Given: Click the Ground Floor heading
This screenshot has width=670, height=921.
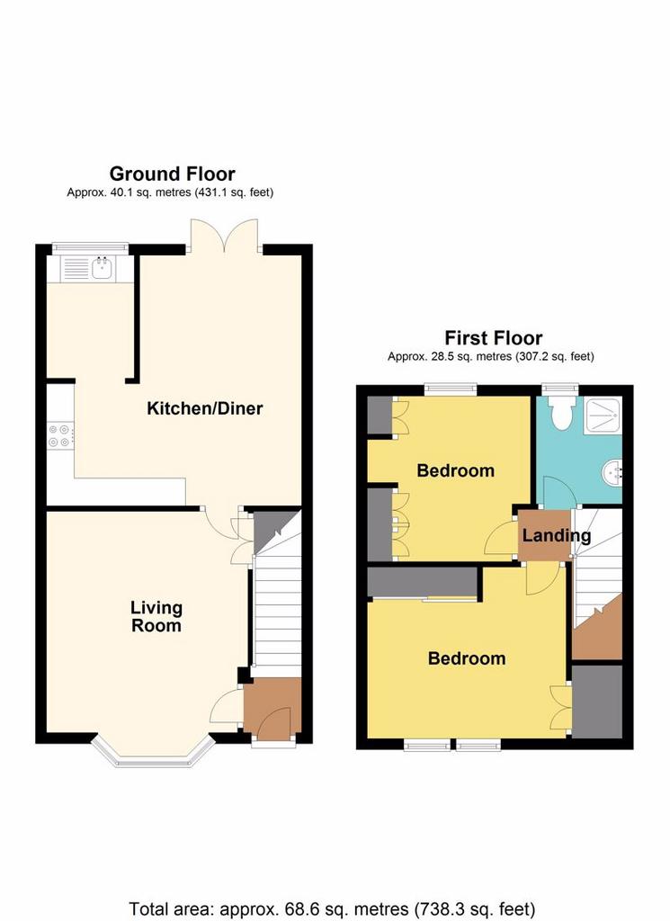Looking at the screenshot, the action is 172,174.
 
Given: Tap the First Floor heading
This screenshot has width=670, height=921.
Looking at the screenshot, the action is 493,338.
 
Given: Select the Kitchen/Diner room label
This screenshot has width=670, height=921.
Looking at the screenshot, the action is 204,408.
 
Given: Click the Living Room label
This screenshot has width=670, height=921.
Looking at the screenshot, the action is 156,616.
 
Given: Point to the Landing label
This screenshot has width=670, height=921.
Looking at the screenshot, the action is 557,536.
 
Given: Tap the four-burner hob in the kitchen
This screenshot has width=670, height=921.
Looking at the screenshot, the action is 59,436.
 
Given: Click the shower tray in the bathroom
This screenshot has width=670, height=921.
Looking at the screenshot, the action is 603,416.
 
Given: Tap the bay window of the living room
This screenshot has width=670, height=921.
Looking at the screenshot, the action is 153,751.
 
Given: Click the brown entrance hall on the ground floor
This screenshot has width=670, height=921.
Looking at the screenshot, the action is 272,707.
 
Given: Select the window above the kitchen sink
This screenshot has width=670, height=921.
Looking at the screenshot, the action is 90,248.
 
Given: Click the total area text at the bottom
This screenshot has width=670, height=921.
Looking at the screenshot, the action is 332,909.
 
